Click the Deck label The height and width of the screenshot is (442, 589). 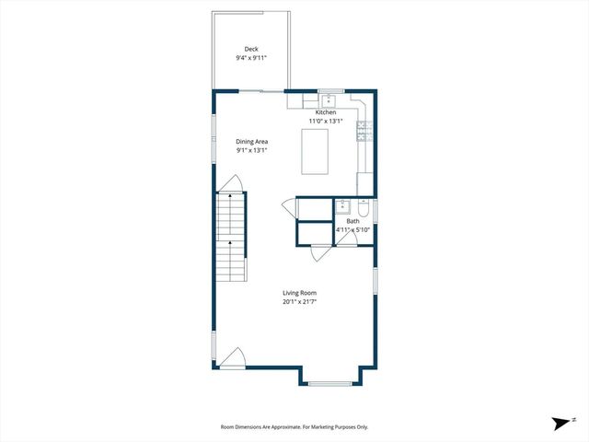251,49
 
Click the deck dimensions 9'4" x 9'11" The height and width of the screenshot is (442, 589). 251,58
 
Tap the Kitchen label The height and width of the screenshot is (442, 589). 326,112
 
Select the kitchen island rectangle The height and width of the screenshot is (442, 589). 316,151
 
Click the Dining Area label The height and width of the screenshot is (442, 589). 251,141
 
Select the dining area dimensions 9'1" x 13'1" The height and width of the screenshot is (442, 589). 251,150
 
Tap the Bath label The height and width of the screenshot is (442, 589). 352,221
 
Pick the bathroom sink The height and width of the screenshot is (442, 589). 341,206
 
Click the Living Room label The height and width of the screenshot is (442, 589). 299,293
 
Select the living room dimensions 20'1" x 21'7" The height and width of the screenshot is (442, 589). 299,302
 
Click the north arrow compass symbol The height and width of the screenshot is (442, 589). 560,423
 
